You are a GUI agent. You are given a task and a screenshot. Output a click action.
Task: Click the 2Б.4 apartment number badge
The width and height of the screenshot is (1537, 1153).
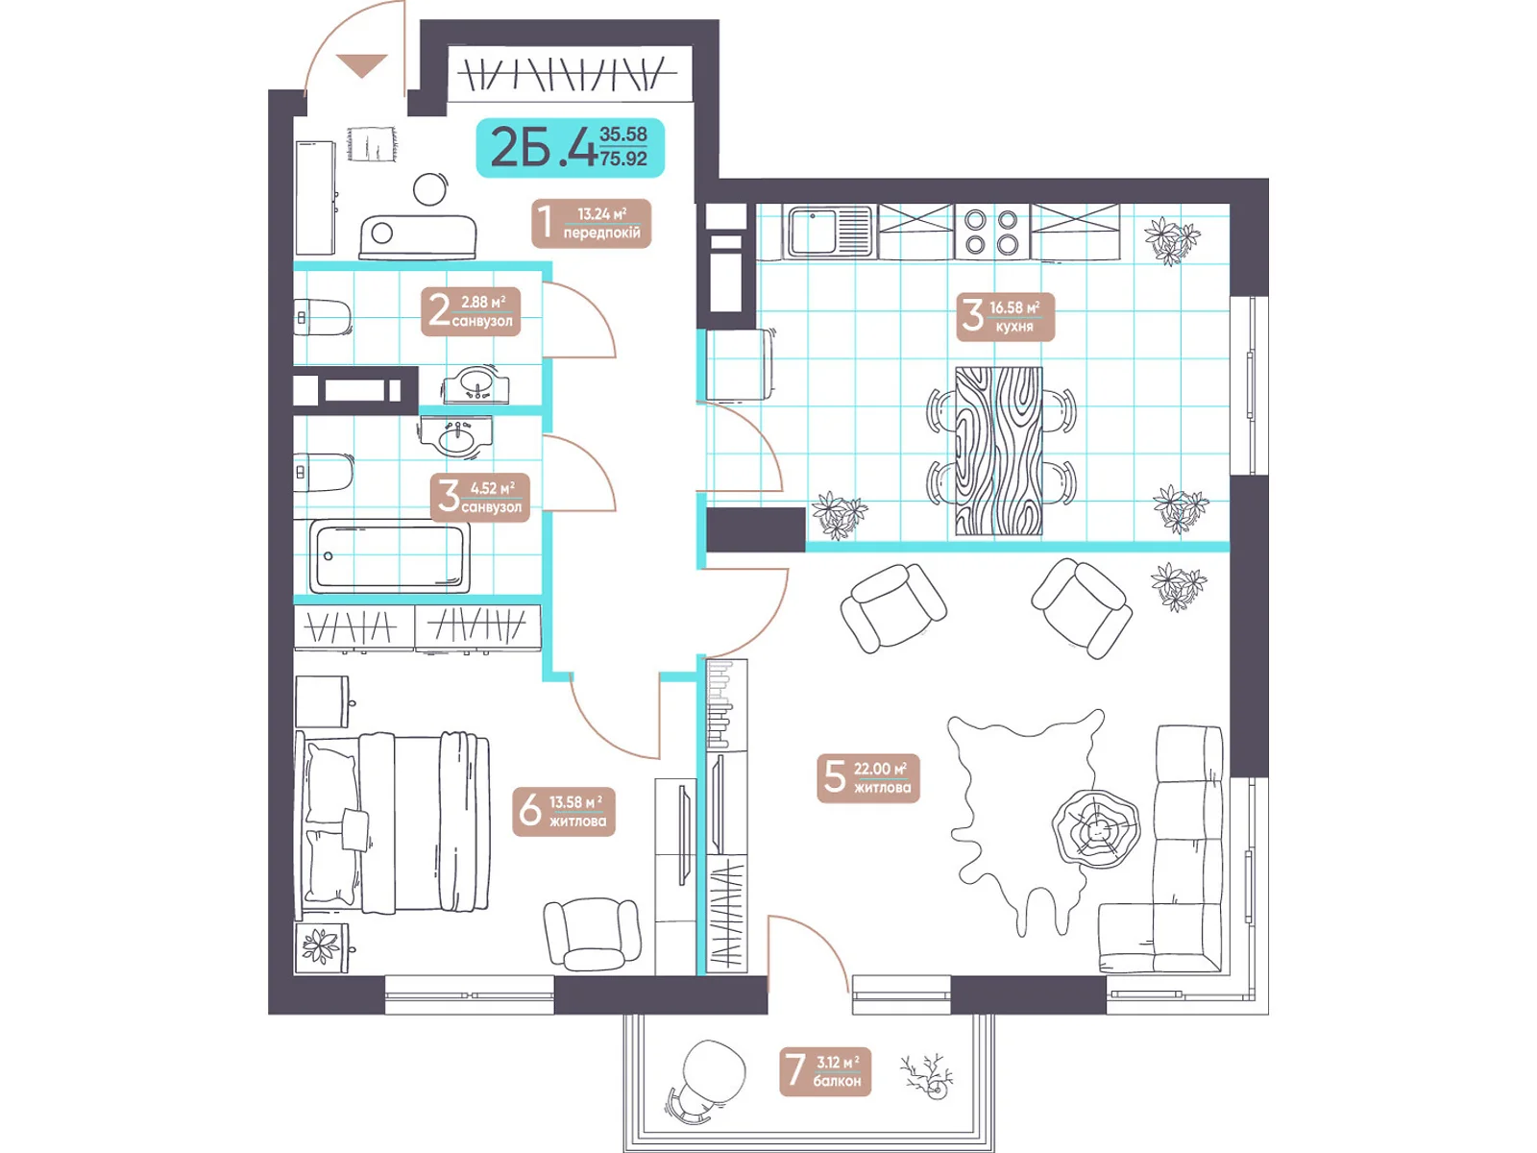tap(570, 147)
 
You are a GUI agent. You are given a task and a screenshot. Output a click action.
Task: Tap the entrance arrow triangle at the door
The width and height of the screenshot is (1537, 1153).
tap(362, 65)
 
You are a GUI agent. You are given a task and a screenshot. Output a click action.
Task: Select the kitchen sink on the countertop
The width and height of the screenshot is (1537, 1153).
tap(831, 231)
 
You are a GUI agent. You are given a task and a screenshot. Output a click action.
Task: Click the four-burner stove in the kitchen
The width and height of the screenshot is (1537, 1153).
tap(991, 232)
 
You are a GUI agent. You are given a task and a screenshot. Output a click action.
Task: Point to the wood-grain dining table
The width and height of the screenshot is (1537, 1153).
tap(999, 452)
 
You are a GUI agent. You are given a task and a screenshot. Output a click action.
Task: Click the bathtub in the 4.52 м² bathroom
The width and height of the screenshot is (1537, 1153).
tap(389, 556)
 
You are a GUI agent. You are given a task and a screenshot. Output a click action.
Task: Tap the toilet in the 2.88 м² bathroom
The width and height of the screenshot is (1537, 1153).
tap(322, 318)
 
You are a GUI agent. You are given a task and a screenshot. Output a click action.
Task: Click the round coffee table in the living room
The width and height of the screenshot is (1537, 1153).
tap(1095, 829)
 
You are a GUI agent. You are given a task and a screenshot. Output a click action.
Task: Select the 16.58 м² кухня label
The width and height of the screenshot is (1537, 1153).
tap(1005, 316)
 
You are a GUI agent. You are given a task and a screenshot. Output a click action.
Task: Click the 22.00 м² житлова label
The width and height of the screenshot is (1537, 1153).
tap(868, 777)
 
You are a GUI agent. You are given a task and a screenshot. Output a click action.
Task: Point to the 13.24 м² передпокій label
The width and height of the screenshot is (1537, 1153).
tap(591, 223)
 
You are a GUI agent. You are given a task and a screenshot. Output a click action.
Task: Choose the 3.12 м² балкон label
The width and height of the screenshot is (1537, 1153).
tap(825, 1071)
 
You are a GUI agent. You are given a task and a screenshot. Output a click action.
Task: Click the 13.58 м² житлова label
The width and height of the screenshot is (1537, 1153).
tap(564, 811)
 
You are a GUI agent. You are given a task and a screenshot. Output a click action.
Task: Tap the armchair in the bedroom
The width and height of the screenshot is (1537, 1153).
tap(593, 933)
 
